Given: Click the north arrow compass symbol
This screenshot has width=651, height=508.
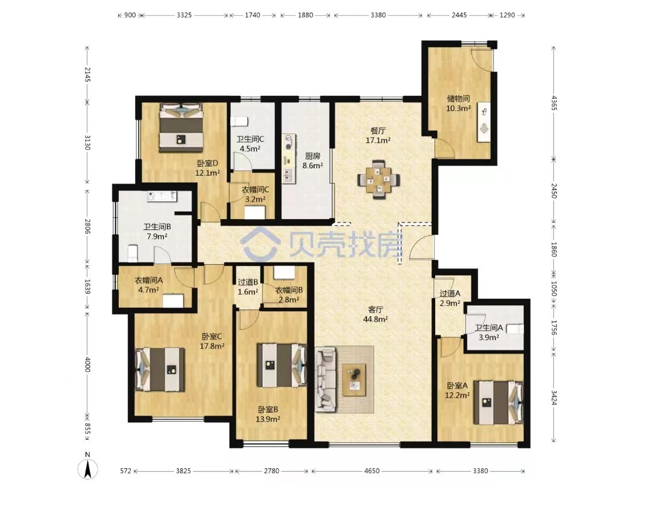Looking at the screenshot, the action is coord(87,469).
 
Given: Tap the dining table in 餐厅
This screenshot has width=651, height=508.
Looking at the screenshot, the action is coord(379,180).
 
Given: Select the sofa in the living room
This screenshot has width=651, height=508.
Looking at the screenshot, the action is coord(325,379).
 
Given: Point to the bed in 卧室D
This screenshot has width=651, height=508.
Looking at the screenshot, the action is coord(181,127).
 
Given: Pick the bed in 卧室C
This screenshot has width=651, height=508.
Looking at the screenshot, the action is coord(160,369).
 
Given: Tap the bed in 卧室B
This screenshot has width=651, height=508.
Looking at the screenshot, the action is coord(282,365).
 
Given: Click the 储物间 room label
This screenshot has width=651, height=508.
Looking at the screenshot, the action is coord(458,98).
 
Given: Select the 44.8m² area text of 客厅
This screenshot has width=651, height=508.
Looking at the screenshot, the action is coord(376,319).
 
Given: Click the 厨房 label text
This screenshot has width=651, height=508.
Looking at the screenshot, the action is coord(313,156).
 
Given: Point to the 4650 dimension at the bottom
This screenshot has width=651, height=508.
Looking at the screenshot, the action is coord(371,471).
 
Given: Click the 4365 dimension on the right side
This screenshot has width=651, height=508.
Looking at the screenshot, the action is coord(554,103).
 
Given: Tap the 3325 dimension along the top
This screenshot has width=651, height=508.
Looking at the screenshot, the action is coord(184,15).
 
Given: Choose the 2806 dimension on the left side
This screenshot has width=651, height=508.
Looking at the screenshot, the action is coord(87,226).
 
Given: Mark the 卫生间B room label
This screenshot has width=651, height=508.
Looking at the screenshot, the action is coord(157,227).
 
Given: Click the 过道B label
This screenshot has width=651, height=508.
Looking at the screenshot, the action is coord(248,282).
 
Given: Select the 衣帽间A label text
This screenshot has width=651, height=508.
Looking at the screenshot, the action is coord(149,280).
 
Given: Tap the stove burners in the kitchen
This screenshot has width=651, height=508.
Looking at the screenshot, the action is coord(289,141).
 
